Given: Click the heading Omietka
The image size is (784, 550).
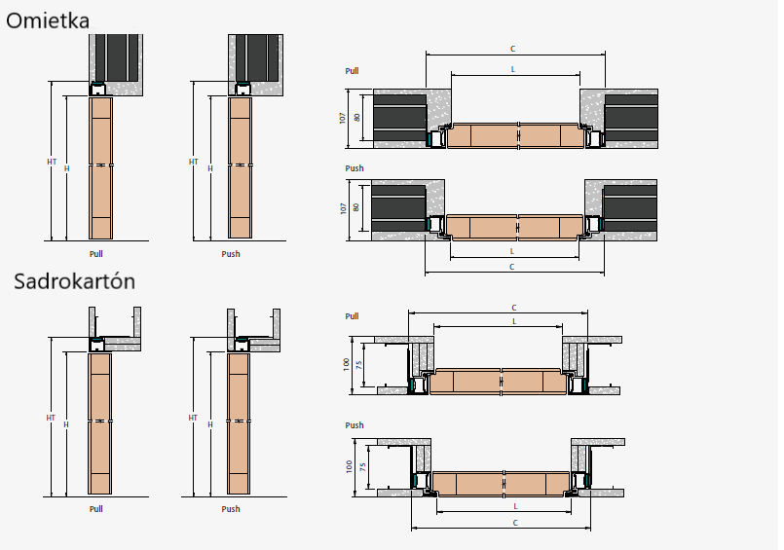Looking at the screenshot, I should pyautogui.click(x=48, y=20).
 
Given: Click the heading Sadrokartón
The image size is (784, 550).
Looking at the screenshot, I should pyautogui.click(x=74, y=282).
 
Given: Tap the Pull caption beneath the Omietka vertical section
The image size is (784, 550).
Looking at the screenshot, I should pyautogui.click(x=95, y=254).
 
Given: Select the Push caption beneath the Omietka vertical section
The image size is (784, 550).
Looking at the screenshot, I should pyautogui.click(x=231, y=254).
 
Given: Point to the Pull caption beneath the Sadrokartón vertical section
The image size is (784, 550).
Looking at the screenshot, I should pyautogui.click(x=95, y=509).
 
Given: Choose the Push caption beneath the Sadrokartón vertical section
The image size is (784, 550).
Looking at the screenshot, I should pyautogui.click(x=231, y=509).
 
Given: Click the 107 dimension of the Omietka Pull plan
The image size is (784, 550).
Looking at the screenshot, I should pyautogui.click(x=343, y=117).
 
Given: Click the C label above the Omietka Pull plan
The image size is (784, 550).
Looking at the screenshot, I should pyautogui.click(x=513, y=49).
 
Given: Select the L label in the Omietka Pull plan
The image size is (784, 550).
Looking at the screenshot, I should pyautogui.click(x=513, y=70).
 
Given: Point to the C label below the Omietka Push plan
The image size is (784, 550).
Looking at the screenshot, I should pyautogui.click(x=513, y=266).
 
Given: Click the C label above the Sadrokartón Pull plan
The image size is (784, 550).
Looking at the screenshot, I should pyautogui.click(x=501, y=308).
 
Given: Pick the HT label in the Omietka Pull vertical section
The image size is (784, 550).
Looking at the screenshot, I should pyautogui.click(x=52, y=162).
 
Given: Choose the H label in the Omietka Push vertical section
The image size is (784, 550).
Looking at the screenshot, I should pyautogui.click(x=209, y=169).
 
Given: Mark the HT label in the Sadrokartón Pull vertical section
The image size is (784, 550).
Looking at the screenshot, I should pyautogui.click(x=51, y=418).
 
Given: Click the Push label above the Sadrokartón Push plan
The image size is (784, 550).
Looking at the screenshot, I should pyautogui.click(x=355, y=425).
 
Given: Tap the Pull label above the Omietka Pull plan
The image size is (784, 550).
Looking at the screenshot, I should pyautogui.click(x=353, y=71).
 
